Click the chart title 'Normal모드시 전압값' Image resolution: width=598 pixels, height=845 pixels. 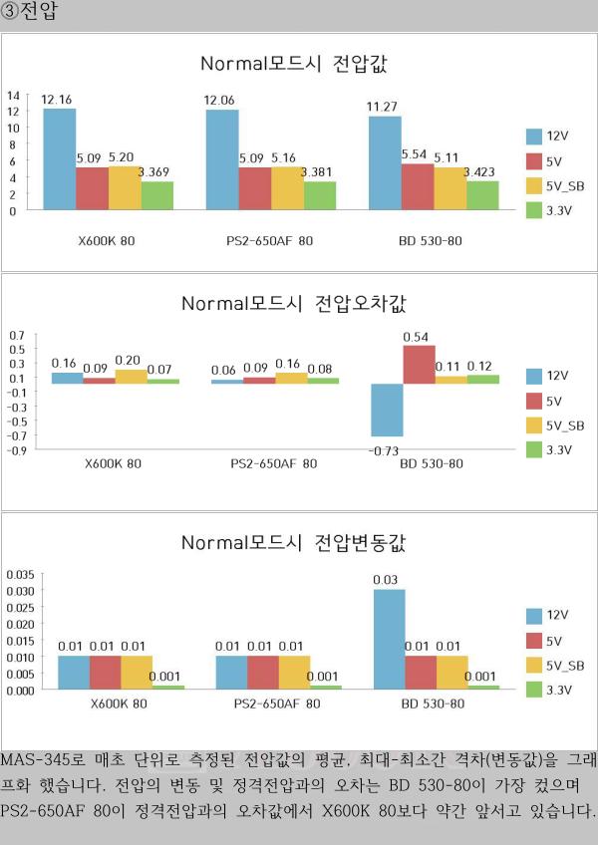tap(293, 64)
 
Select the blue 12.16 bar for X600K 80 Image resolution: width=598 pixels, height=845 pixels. tap(60, 159)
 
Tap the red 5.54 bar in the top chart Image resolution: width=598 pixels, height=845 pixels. tap(418, 187)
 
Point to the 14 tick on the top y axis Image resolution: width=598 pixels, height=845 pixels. tap(13, 96)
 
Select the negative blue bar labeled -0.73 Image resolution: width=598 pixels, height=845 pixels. tap(387, 410)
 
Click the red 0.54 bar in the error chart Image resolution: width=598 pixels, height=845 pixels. tap(418, 364)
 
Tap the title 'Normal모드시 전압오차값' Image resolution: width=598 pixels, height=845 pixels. tap(293, 303)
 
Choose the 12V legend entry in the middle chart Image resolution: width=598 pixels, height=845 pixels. tap(554, 376)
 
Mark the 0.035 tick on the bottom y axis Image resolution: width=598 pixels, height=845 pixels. tap(20, 575)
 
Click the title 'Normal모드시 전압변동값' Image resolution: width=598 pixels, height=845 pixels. tap(293, 543)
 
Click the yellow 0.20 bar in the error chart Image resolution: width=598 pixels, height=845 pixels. tap(132, 377)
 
